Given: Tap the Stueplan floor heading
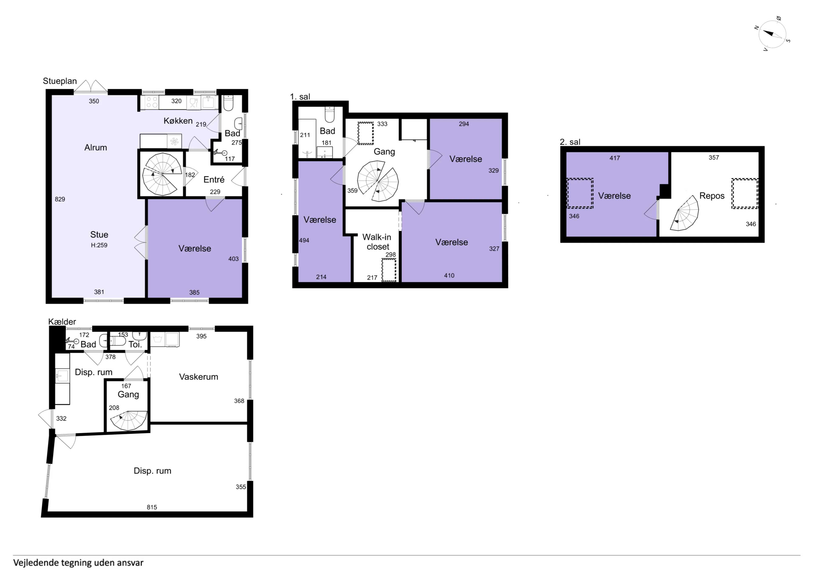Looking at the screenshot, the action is click(x=60, y=81).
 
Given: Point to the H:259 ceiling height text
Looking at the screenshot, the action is click(x=99, y=245).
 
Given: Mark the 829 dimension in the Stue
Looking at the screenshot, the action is click(x=60, y=199).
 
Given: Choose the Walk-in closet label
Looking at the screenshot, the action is click(x=377, y=242).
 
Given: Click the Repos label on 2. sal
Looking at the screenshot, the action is click(x=712, y=196).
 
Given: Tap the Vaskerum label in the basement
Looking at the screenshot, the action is click(x=198, y=377).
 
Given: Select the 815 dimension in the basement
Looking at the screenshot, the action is click(x=152, y=507).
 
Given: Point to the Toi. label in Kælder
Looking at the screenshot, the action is click(x=135, y=344).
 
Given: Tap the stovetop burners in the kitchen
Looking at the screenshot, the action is click(x=152, y=102).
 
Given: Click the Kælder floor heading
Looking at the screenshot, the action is click(x=62, y=322).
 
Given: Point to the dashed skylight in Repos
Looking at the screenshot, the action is click(x=745, y=193).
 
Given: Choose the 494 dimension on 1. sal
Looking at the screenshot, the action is click(x=304, y=240).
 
